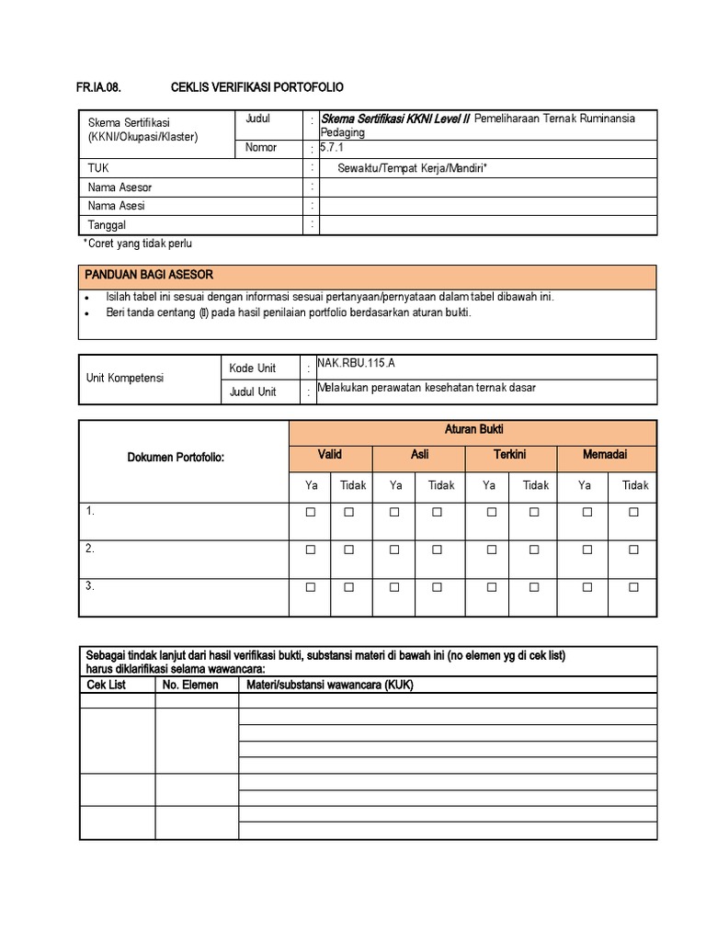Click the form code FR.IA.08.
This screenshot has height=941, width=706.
click(x=98, y=87)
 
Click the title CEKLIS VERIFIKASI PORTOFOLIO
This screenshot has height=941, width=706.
click(x=257, y=87)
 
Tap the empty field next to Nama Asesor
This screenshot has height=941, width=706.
click(x=487, y=187)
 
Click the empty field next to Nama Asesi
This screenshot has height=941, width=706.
click(x=487, y=207)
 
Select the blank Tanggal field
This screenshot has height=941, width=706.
click(x=487, y=225)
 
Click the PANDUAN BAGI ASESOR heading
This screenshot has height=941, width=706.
click(x=149, y=275)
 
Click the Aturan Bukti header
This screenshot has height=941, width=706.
click(x=473, y=430)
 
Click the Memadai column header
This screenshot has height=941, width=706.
click(x=605, y=455)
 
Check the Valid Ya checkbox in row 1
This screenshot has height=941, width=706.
click(x=311, y=513)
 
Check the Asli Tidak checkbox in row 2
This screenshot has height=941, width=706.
click(x=437, y=550)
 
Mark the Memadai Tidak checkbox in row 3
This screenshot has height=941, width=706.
click(x=633, y=586)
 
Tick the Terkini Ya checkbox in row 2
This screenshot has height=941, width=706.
click(x=489, y=550)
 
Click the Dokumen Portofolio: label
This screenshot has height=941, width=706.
click(x=182, y=458)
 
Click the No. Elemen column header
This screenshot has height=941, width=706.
click(x=190, y=686)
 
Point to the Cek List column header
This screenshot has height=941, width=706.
click(x=106, y=686)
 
